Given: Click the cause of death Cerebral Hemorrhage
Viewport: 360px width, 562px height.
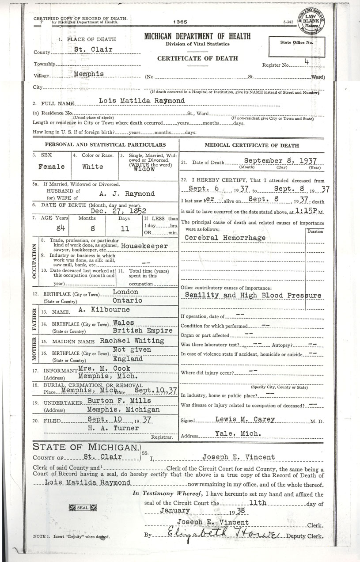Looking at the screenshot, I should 225,238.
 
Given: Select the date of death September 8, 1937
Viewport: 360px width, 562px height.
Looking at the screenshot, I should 280,161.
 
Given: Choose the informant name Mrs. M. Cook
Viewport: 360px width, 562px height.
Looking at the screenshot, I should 103,368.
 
